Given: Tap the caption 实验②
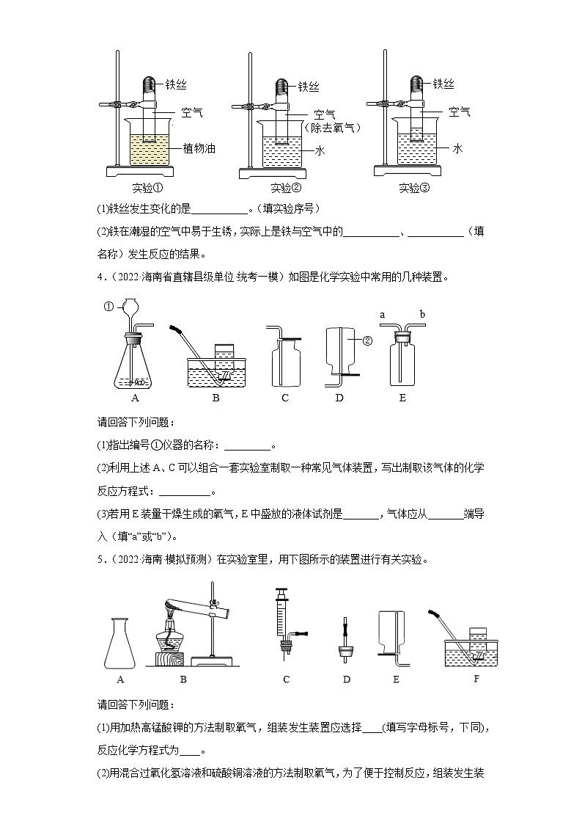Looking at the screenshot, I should click(281, 188).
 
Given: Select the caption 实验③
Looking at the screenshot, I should click(414, 188).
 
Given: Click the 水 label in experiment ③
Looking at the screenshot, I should click(457, 149).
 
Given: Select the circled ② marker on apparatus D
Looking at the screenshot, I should click(367, 340).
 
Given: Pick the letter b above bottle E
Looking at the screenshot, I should click(422, 315).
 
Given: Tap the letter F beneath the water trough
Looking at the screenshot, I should click(476, 679).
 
